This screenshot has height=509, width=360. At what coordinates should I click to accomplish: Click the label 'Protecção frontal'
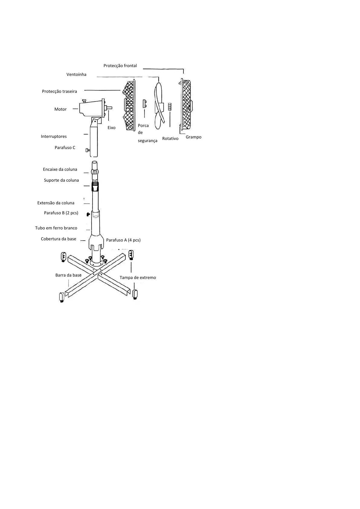(x=120, y=66)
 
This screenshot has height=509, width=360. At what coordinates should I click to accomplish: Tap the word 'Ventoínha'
(x=76, y=75)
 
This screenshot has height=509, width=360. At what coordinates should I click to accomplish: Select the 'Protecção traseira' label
(x=60, y=92)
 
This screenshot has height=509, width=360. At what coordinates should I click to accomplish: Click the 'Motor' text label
(x=60, y=109)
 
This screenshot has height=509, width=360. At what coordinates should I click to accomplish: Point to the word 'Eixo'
(x=112, y=128)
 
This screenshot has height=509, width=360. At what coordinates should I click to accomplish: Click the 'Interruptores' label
(x=54, y=137)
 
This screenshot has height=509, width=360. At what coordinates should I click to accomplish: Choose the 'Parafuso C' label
(x=65, y=148)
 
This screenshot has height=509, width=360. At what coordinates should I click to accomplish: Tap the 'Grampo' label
(x=193, y=137)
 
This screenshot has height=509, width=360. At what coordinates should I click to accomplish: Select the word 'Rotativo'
(x=170, y=139)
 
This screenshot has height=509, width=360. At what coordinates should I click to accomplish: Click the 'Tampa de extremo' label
(x=138, y=278)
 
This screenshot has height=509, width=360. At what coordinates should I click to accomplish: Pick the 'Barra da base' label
(x=68, y=275)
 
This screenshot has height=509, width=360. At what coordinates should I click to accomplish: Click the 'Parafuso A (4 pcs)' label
(x=123, y=240)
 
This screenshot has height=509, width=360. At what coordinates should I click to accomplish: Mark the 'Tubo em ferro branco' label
(x=56, y=228)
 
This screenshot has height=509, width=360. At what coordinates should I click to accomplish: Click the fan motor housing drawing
(x=91, y=108)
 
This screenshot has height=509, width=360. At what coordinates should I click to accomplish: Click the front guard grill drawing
(x=186, y=103)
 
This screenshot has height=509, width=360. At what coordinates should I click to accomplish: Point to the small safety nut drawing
(x=145, y=104)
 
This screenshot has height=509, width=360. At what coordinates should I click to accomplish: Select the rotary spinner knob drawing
(x=170, y=106)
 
